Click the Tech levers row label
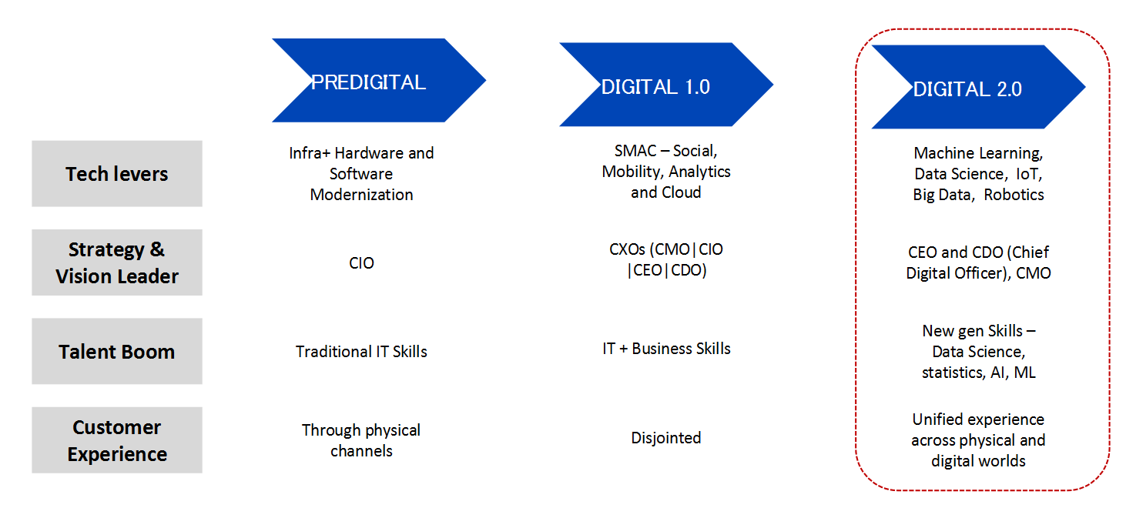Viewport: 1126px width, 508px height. coord(117,173)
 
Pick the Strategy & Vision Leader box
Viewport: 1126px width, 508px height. coord(117,262)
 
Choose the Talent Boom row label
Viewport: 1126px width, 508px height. coord(117,351)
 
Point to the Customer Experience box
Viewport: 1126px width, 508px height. coord(117,440)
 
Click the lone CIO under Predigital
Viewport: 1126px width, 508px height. coord(361,262)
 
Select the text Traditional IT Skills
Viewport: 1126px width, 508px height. coord(361,352)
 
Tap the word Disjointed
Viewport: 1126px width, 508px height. coord(666,438)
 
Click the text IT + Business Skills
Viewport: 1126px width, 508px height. coord(666,349)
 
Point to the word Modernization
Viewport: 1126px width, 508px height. coord(361,195)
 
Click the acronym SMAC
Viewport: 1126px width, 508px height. coord(635,151)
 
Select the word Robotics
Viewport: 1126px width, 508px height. coord(1014,195)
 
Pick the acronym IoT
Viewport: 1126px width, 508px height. coord(1028,174)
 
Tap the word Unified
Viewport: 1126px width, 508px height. coord(937,419)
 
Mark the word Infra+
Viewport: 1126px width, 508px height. coord(309,153)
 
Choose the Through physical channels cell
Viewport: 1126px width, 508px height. coord(361,440)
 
